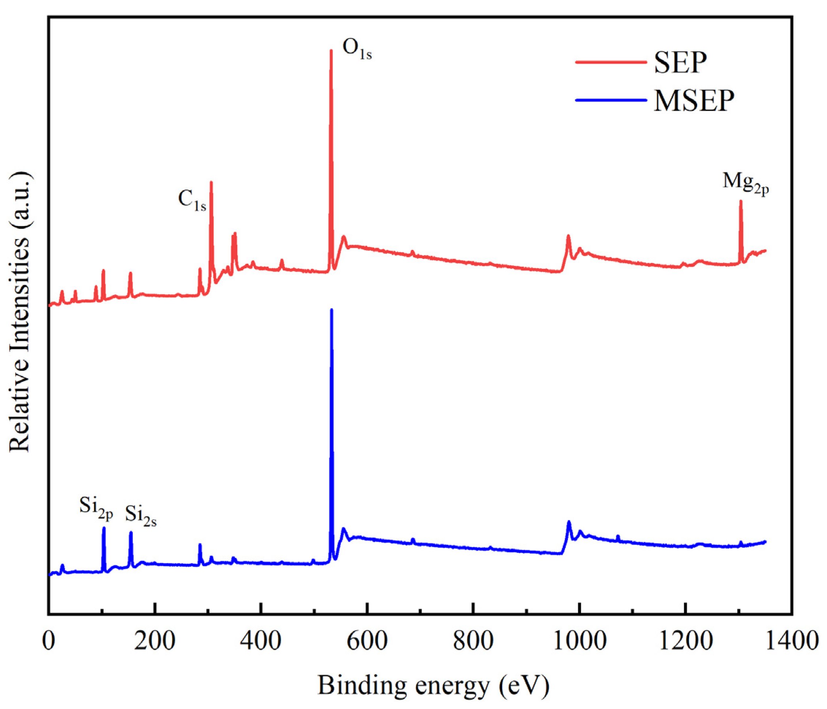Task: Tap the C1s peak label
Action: coord(192,200)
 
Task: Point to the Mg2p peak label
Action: coord(746,184)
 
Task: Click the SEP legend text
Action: coord(681,63)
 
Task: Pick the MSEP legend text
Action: coord(694,100)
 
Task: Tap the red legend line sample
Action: coord(611,62)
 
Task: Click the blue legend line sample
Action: coord(611,100)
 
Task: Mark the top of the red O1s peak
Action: coord(331,50)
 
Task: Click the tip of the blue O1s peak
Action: coord(331,310)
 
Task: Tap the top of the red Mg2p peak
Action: coord(741,201)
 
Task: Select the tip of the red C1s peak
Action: coord(211,182)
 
